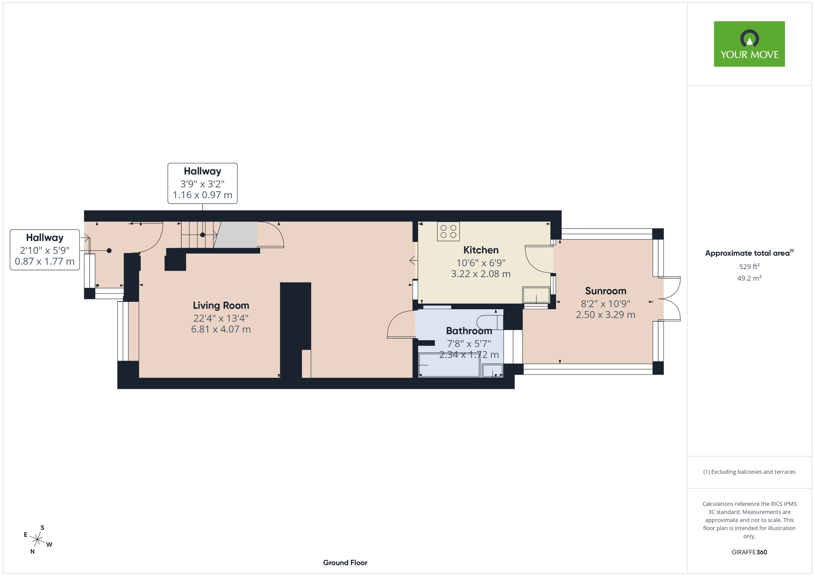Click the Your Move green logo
point(749,44)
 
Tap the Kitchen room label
point(481,250)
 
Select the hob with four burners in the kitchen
point(448,231)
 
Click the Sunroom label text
point(606,291)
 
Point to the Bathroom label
point(469,331)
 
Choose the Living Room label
point(221,306)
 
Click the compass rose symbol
point(37,540)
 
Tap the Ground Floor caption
point(345,563)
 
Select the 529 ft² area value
point(749,266)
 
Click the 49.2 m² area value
point(749,278)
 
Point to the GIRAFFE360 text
point(749,552)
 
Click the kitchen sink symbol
point(536,295)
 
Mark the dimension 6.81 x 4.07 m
point(221,329)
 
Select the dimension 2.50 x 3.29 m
point(606,314)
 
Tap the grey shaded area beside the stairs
point(236,235)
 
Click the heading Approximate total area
point(749,253)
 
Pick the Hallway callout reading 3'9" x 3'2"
point(203,183)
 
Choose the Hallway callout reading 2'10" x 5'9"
point(45,250)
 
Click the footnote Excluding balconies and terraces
point(749,472)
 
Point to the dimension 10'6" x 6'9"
point(481,263)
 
